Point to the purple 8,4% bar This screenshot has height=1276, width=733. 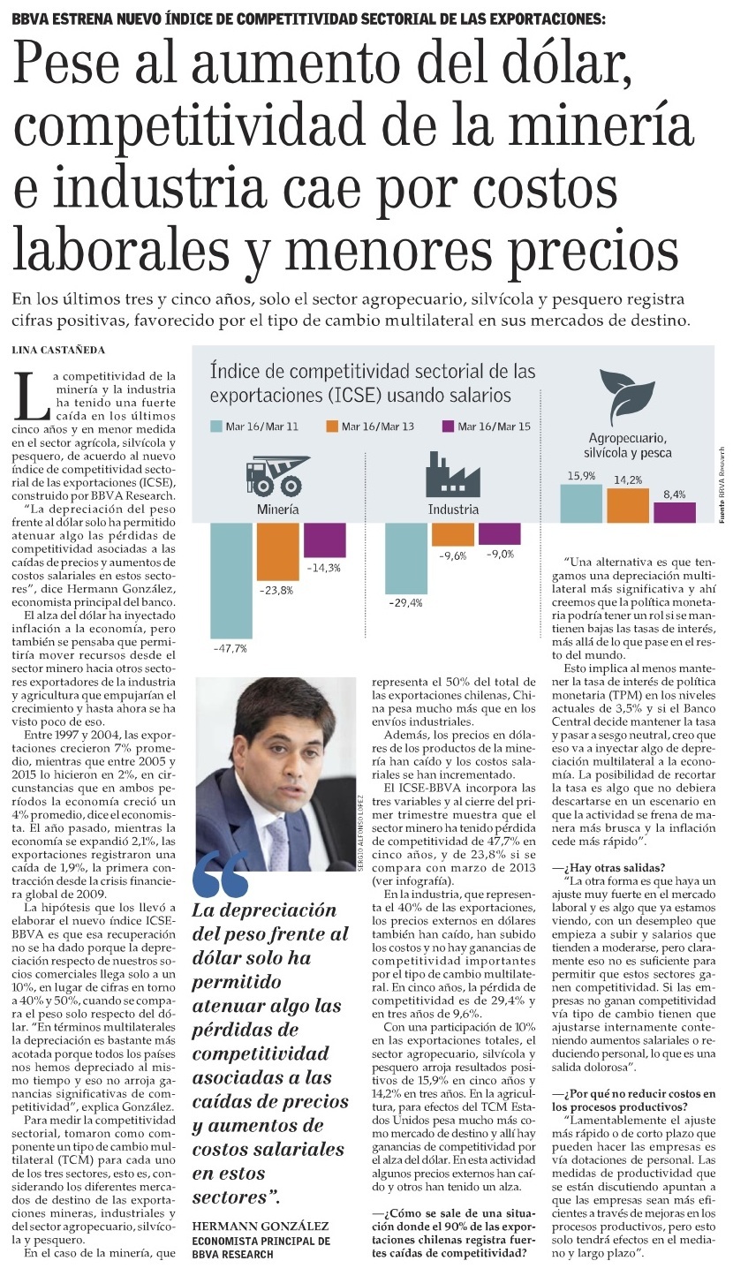pyautogui.click(x=674, y=513)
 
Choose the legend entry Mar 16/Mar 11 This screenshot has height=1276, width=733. pyautogui.click(x=257, y=427)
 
